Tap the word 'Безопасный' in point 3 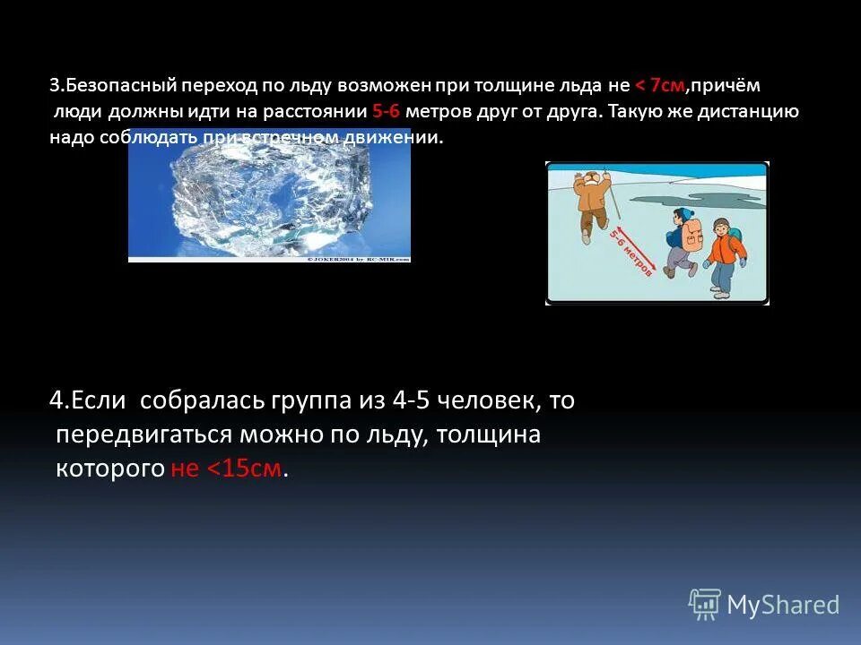coord(117,86)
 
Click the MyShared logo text coord(783,605)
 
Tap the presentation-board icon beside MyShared coord(704,603)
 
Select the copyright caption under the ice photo coord(359,259)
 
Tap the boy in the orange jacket coord(723,255)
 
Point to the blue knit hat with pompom coord(684,215)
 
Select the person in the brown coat coord(593,202)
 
